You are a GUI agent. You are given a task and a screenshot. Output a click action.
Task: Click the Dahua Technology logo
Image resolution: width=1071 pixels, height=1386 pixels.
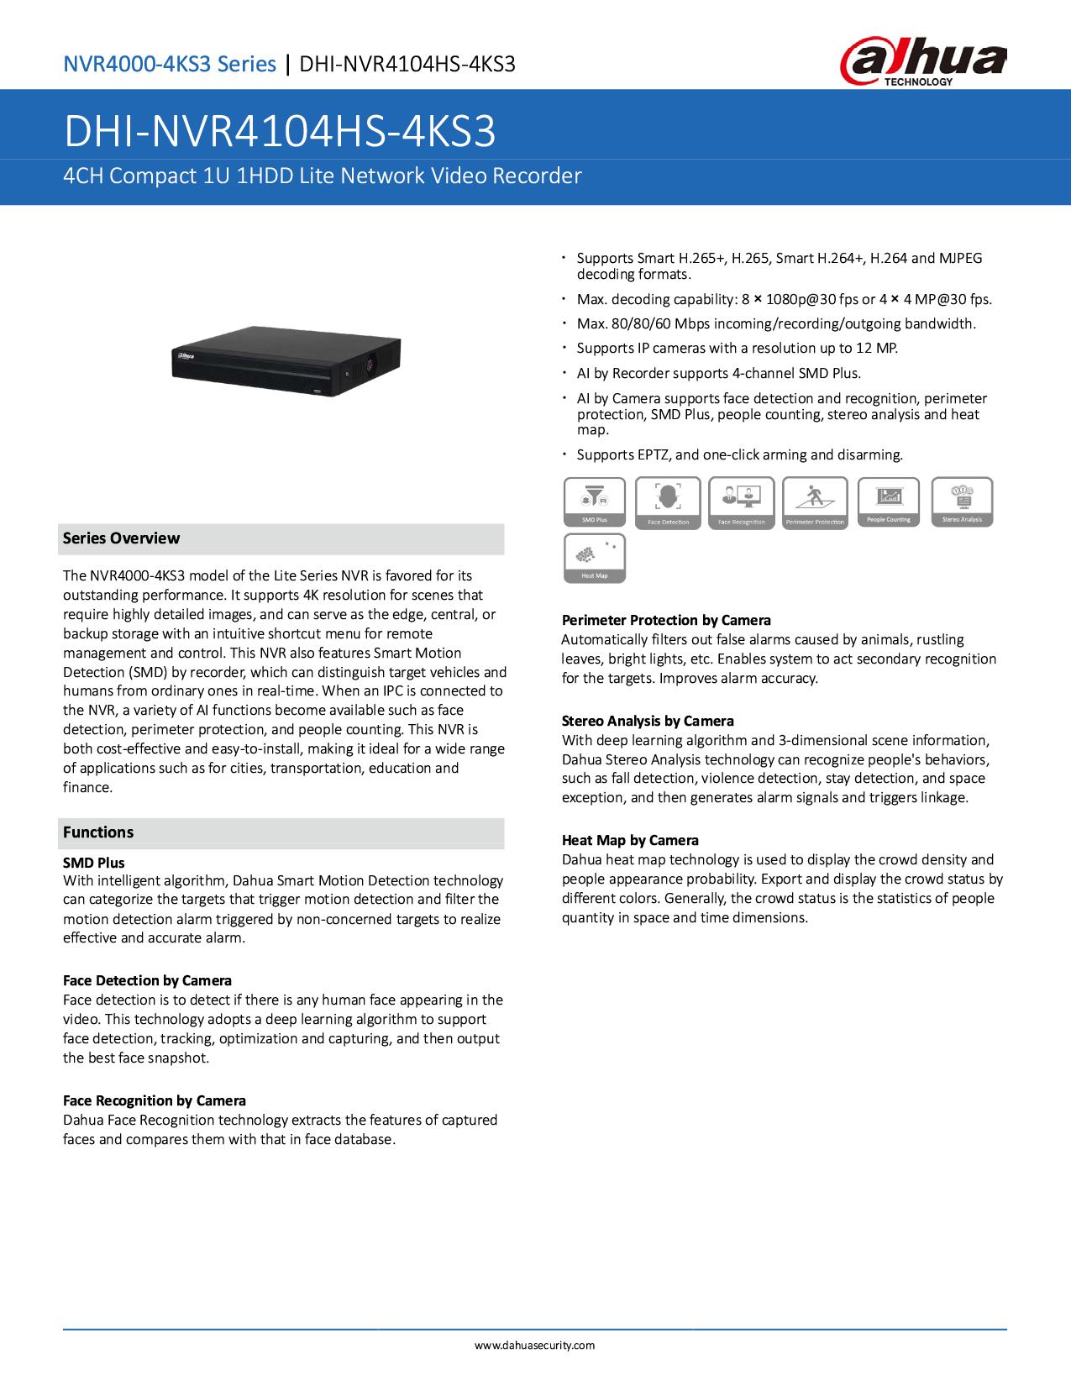[922, 64]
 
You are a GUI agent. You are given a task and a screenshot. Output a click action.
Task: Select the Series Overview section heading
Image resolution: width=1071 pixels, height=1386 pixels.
[122, 538]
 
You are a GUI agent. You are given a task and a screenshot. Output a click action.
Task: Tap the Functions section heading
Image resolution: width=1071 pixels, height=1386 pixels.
[98, 832]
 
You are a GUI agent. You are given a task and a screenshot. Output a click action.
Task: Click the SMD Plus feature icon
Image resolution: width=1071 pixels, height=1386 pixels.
[595, 501]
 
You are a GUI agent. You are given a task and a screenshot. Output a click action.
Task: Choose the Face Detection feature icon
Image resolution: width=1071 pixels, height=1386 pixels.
[668, 501]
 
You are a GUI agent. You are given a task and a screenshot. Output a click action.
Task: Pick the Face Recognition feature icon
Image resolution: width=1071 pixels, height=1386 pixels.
[742, 501]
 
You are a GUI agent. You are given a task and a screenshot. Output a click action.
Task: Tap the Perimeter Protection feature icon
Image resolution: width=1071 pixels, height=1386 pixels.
[814, 501]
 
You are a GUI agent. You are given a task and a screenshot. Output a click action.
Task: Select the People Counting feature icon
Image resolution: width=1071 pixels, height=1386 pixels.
[889, 501]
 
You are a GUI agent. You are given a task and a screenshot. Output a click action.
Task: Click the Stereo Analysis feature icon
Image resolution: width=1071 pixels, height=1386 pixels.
[962, 501]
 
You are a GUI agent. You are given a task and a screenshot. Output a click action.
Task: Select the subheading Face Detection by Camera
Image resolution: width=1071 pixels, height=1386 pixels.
[147, 980]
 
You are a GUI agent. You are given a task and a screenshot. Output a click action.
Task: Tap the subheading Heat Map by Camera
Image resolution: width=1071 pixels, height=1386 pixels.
[630, 840]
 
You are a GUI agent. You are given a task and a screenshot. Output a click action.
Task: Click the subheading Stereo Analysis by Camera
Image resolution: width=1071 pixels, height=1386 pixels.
[648, 721]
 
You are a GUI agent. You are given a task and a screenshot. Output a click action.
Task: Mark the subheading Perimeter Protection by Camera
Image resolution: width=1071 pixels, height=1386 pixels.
[666, 620]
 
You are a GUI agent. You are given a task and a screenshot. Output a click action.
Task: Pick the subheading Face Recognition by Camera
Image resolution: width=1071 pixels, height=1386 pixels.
[155, 1100]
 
